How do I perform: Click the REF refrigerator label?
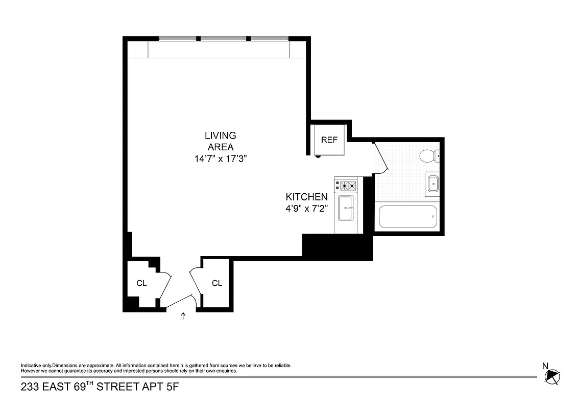(x=329, y=140)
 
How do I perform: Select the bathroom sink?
(x=432, y=183)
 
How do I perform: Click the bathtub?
(x=408, y=217)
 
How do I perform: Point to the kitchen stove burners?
(x=345, y=185)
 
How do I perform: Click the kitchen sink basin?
(x=346, y=208)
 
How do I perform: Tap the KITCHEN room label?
(x=306, y=197)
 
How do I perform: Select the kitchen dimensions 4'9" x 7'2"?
(x=306, y=209)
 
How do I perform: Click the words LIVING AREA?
(x=221, y=141)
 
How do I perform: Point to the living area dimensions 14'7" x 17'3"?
(x=221, y=159)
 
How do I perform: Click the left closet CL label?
(x=141, y=283)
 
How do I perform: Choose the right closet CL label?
(x=217, y=283)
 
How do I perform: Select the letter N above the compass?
(x=545, y=366)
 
